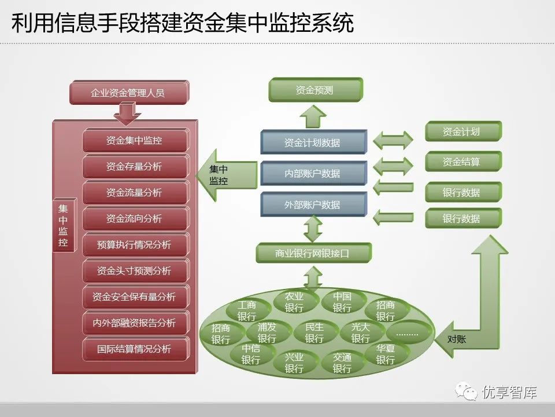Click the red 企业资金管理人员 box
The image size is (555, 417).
[129, 93]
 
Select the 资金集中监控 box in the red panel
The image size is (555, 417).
[135, 140]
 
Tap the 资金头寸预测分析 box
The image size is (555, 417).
[135, 271]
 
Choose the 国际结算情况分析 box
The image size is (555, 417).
[135, 349]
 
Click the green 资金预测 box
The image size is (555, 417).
[316, 90]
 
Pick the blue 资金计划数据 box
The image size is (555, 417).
[313, 142]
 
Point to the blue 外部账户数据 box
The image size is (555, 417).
[313, 204]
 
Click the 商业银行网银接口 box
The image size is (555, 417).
[313, 253]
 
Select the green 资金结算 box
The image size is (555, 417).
[463, 162]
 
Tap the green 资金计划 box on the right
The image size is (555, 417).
[463, 131]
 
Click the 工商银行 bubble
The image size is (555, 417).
[247, 310]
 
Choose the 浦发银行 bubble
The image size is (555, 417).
[267, 332]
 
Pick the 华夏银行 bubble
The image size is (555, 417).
[386, 354]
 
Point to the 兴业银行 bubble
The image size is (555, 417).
[294, 363]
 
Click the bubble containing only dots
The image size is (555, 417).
[407, 334]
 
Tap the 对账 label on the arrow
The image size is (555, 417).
[457, 339]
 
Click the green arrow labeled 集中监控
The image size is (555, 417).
[227, 175]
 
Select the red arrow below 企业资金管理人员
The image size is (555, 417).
[127, 114]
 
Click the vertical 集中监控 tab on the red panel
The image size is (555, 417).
[64, 225]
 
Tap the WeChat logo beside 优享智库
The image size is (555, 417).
[466, 392]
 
